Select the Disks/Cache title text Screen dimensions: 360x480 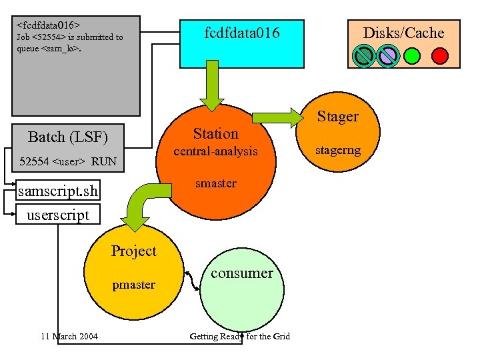tap(403, 33)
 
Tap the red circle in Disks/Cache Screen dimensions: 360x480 tap(440, 55)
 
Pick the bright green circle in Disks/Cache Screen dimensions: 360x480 tap(412, 55)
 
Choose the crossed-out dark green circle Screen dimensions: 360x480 tap(363, 55)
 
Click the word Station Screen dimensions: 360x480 tap(215, 133)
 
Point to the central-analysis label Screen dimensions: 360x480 tap(215, 151)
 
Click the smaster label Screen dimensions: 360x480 tap(215, 183)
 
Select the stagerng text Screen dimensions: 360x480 tap(337, 150)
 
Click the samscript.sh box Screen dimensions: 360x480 tap(59, 192)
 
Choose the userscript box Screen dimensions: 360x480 tap(57, 215)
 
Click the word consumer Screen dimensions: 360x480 tap(241, 273)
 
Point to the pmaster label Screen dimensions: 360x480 tap(133, 285)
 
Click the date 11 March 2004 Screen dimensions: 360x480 tap(69, 336)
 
